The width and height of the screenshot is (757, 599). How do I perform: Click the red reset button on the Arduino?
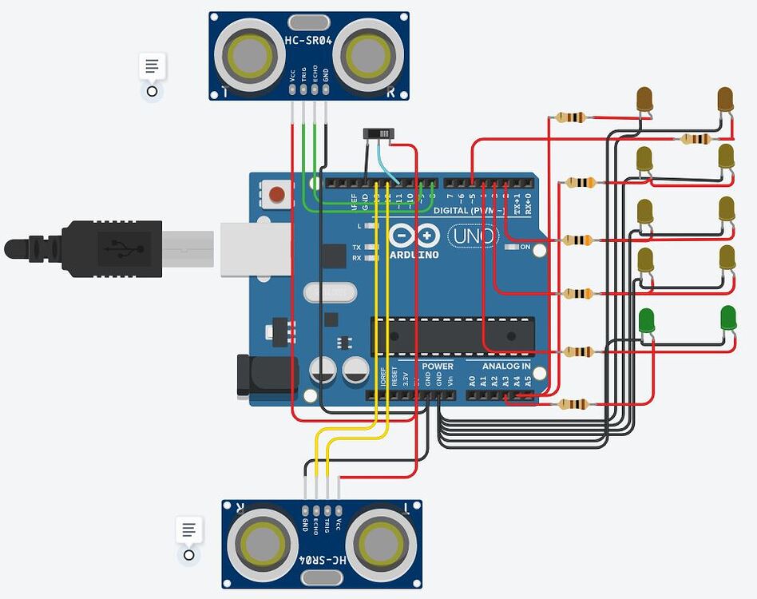pos(277,193)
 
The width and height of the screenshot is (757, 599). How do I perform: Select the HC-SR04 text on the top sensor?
pos(308,39)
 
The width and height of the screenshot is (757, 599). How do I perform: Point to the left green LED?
pos(647,320)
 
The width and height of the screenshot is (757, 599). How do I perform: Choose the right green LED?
pos(727,318)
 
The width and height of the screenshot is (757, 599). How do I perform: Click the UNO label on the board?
pos(472,236)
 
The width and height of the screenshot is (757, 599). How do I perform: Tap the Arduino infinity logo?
pos(415,236)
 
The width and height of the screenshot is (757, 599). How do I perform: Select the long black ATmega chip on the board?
pos(452,335)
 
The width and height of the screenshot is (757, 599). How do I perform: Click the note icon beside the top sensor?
pos(152,67)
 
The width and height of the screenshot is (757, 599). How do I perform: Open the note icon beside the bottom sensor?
pos(188,530)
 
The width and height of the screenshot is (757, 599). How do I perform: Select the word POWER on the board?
pos(437,367)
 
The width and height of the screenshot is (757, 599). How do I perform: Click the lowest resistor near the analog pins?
pos(573,404)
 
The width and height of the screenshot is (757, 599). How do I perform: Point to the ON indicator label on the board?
pos(525,247)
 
